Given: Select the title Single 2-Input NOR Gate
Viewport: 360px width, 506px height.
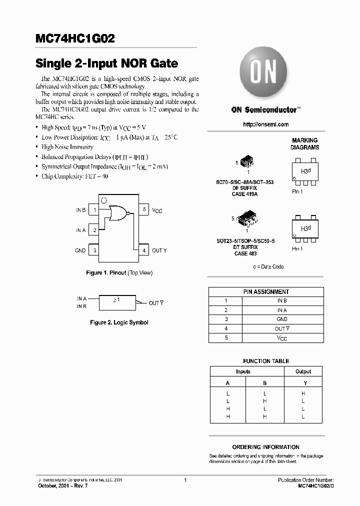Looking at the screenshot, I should (x=106, y=64).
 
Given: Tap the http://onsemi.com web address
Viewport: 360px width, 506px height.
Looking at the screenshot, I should (x=265, y=124).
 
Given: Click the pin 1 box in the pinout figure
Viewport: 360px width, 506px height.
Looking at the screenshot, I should (x=94, y=210).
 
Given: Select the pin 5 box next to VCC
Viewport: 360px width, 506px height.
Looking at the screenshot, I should (x=144, y=210).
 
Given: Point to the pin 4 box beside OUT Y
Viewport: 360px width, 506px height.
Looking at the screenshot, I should (x=144, y=250).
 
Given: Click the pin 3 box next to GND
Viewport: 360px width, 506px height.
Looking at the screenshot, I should (x=94, y=250).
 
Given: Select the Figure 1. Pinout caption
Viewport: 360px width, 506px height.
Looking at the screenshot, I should (x=119, y=273).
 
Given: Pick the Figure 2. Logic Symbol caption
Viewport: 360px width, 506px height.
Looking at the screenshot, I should (x=119, y=322).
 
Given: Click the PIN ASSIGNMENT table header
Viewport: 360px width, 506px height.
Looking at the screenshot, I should (x=266, y=291).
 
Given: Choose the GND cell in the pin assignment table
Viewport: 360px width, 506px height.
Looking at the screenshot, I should (x=281, y=319).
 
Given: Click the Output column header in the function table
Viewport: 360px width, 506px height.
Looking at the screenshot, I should (x=303, y=371).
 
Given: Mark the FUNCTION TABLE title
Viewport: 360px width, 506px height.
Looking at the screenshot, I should (x=266, y=361).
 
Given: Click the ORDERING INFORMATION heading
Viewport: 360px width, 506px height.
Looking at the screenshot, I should (x=266, y=447).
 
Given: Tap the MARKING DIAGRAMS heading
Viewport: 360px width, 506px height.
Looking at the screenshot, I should (x=304, y=144).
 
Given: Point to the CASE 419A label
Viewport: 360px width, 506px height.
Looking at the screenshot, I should (x=245, y=194).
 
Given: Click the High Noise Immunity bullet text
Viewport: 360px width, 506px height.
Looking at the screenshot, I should (x=67, y=147).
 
